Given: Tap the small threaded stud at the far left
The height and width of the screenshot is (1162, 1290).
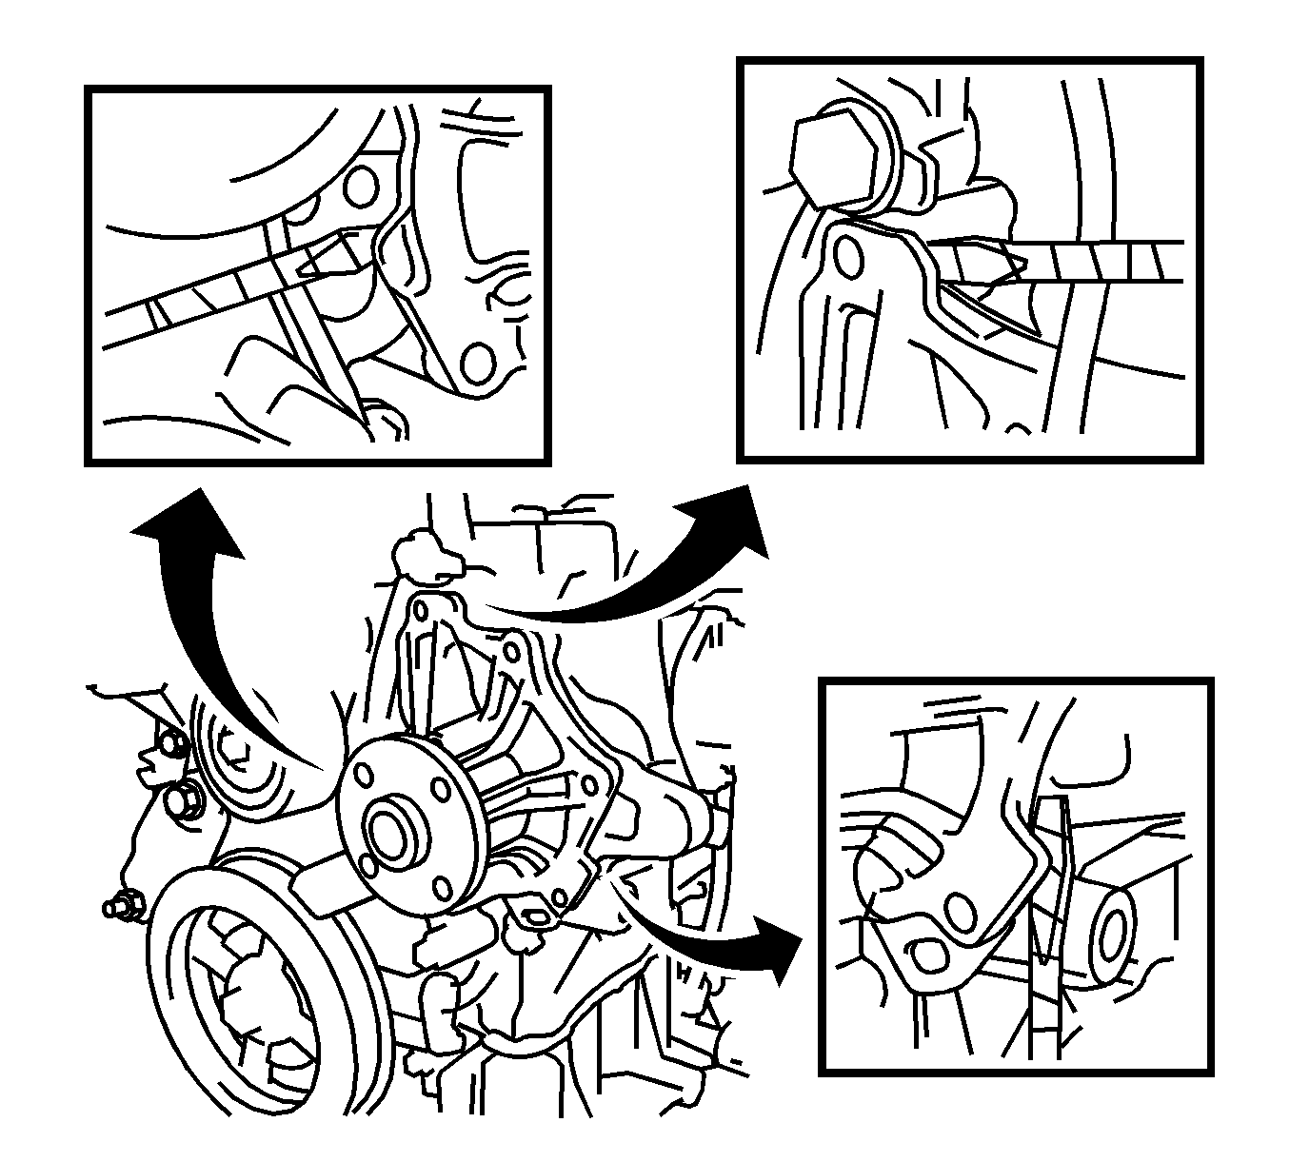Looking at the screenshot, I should coord(122,907).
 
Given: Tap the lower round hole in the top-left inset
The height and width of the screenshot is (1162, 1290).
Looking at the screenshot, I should coord(479,363).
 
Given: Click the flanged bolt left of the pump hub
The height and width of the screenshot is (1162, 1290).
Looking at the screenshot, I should coord(183,801).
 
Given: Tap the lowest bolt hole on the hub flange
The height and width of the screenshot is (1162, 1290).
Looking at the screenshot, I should coord(441,887).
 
